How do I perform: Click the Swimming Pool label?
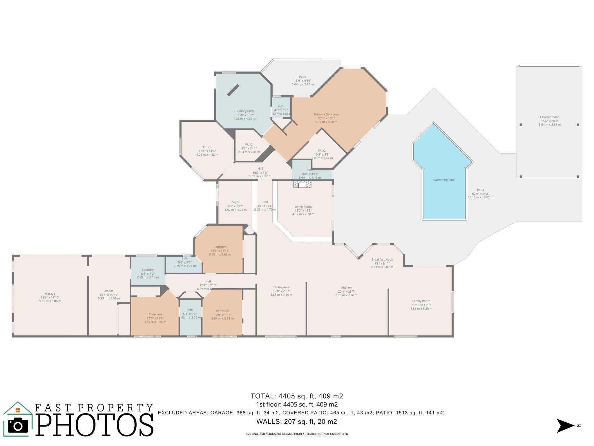coord(443,180)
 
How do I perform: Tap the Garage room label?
coord(50,294)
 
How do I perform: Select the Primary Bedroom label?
coord(326,114)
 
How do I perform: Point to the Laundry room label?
coord(148,270)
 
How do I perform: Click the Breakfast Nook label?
coord(382,260)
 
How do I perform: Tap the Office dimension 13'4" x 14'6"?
coord(207,151)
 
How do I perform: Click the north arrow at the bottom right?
coord(565,426)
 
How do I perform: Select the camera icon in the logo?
coord(18,426)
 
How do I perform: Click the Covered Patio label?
coord(550,117)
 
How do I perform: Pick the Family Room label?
coord(421,301)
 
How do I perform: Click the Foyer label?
coord(236,202)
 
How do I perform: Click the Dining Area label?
coord(281,287)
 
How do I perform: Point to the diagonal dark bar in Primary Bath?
coord(233,90)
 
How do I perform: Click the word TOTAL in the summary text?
coord(263,396)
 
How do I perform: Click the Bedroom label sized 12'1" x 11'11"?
coord(220,247)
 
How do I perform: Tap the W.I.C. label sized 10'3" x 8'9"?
coord(322,150)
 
